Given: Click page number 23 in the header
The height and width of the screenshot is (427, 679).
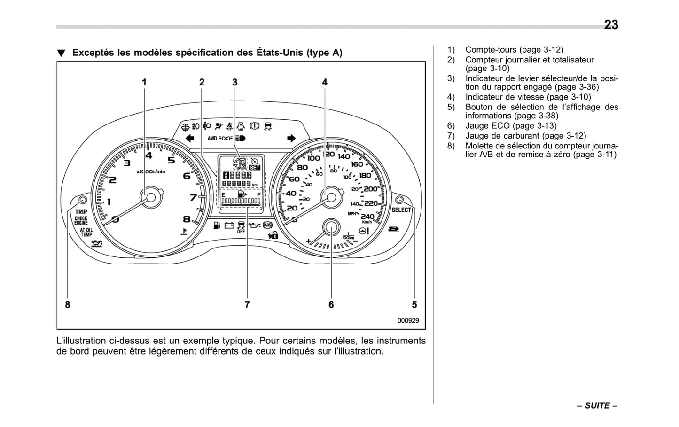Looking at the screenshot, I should (611, 25).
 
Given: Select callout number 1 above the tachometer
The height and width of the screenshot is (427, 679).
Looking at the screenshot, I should (144, 82).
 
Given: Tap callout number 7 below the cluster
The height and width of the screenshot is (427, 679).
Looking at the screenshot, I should (247, 305).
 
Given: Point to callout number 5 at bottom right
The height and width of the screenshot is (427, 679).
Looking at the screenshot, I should (414, 305).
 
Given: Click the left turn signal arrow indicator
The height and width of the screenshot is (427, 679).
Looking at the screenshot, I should (190, 138).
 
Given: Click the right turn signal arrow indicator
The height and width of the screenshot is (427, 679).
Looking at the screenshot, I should (291, 138).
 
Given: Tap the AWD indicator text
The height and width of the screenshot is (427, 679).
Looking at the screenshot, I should (212, 139).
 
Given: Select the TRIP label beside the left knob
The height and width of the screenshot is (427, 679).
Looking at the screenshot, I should (81, 212).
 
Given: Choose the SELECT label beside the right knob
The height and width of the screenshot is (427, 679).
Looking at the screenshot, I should (401, 210).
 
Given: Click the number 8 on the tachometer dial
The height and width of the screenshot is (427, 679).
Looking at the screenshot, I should (187, 219).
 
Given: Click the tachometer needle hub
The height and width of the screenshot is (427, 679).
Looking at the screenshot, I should (151, 197).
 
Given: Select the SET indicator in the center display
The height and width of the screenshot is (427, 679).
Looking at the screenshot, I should (255, 168).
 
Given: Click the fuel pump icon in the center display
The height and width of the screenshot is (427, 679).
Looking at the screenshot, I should (241, 194).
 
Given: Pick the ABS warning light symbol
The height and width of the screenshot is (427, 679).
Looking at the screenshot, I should (268, 225).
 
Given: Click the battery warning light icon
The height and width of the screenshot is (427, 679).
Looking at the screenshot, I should (229, 226).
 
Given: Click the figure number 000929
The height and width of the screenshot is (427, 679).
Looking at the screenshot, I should (408, 321).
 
